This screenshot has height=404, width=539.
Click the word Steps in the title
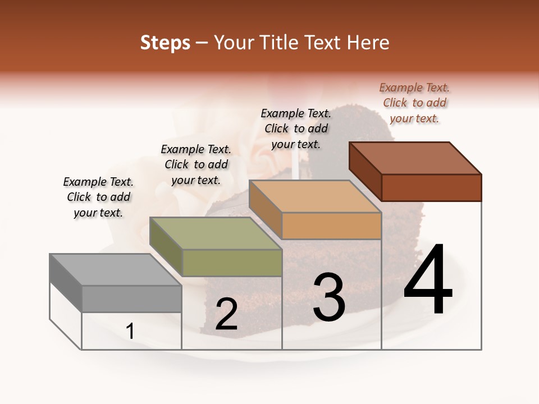coord(165,43)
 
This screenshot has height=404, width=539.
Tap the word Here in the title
coord(368,43)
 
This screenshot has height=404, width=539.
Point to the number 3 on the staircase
coord(328,297)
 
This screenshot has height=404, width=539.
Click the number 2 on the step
coord(226,315)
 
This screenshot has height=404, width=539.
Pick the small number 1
coord(130,332)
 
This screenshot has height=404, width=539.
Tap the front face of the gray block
coord(131,299)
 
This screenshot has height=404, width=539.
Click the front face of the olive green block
coord(232,263)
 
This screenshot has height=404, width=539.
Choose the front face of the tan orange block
coord(331,226)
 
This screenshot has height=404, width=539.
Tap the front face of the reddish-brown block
coord(431,187)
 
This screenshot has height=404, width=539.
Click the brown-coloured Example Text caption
coord(414,103)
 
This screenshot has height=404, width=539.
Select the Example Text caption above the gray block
coord(98,197)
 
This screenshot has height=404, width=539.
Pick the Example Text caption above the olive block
coord(196,164)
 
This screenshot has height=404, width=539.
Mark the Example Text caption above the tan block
coord(296,128)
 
